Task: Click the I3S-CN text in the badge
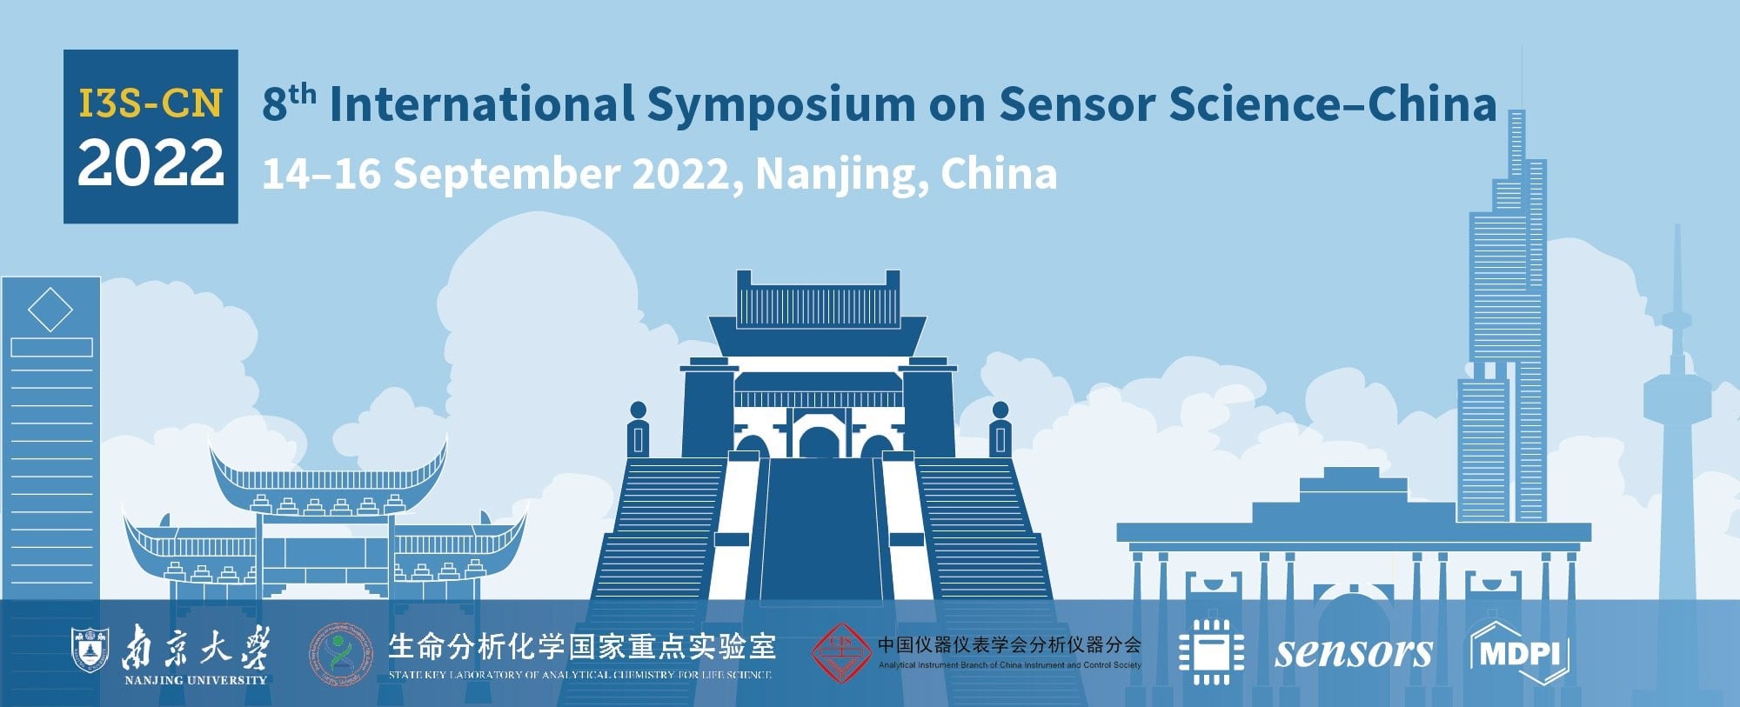pos(151,103)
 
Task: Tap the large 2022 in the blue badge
pos(151,163)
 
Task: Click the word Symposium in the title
pos(780,104)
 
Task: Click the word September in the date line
pos(506,174)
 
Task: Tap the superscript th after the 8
pos(302,94)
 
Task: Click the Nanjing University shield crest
pos(88,650)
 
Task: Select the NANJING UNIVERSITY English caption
pos(195,680)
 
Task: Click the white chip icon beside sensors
pos(1210,652)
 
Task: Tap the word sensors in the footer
pos(1353,652)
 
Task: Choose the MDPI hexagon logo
pos(1518,652)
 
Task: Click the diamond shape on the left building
pos(50,310)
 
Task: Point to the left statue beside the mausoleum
pos(638,429)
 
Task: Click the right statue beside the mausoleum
pos(1000,429)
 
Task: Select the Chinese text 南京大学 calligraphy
pos(195,648)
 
